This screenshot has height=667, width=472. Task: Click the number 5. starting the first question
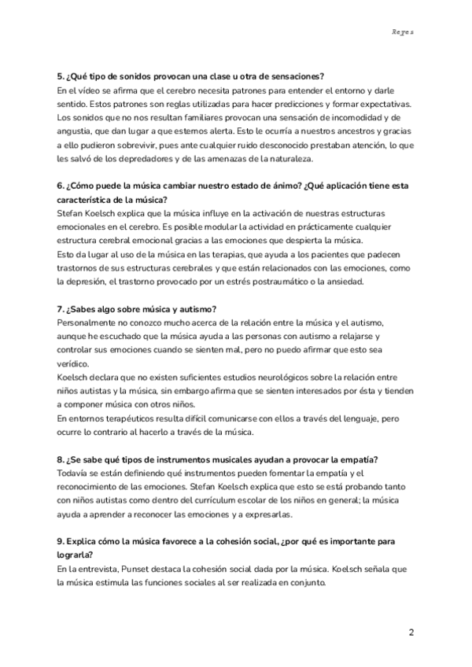coord(61,76)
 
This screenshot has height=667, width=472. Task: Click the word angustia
coord(76,131)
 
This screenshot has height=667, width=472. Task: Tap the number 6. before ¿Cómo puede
coord(61,186)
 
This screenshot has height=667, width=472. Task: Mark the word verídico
coord(75,365)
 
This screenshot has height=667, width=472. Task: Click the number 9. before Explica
coord(61,544)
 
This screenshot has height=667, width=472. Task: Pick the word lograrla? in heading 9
coord(77,557)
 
